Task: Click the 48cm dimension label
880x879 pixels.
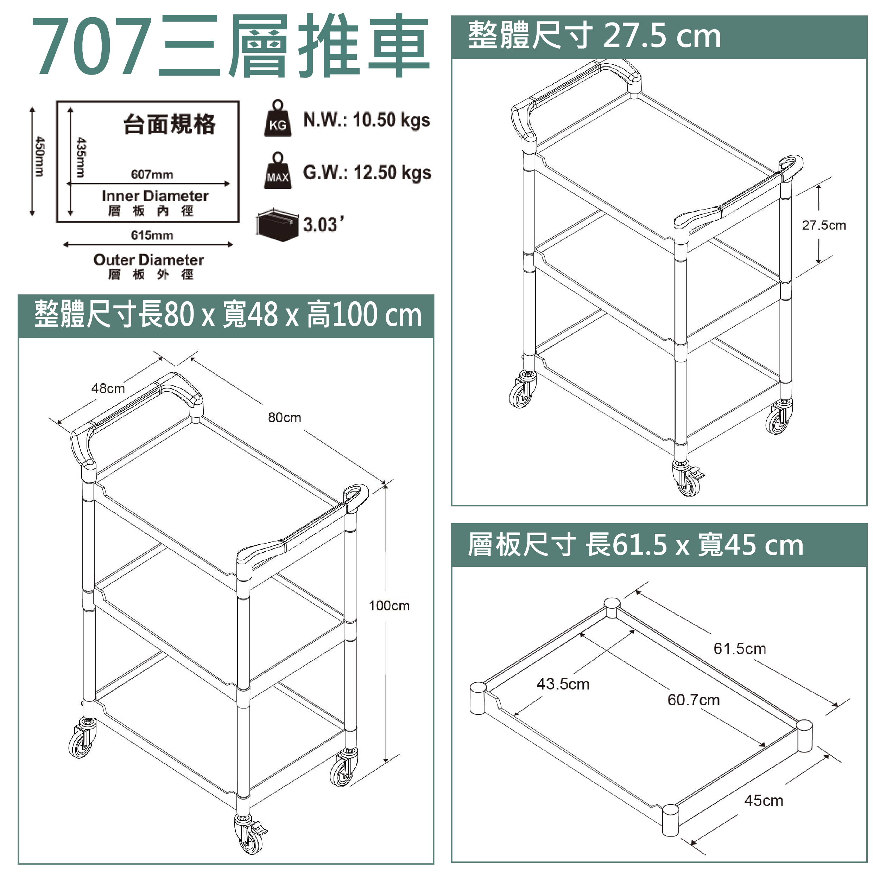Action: tap(108, 388)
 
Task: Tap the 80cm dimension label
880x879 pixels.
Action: tap(284, 417)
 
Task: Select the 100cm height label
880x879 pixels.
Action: tap(389, 605)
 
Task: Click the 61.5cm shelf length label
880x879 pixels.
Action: tap(740, 648)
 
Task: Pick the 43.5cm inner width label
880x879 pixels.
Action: tap(563, 684)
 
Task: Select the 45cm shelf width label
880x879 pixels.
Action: tap(764, 800)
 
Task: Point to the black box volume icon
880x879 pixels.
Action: tap(277, 225)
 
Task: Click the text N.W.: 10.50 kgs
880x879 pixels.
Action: tap(367, 120)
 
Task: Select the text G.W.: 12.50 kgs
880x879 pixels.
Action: tap(367, 173)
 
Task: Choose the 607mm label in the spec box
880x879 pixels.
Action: tap(152, 174)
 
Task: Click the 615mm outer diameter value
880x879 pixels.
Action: tap(152, 235)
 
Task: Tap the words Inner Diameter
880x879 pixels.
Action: tap(155, 196)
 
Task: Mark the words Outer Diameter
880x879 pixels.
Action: tap(149, 259)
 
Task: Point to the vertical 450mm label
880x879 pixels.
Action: tap(40, 156)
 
